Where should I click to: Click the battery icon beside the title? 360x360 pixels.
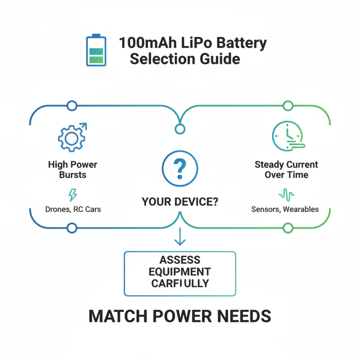click(96, 50)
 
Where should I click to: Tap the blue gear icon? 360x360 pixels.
click(72, 136)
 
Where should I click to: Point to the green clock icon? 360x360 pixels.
click(287, 135)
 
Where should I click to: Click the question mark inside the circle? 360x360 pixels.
click(180, 168)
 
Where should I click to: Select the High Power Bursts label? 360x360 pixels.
click(72, 170)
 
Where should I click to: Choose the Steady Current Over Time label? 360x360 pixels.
click(286, 170)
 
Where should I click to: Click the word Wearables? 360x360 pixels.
click(301, 209)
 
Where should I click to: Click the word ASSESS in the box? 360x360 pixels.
click(180, 261)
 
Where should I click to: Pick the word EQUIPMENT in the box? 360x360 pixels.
click(180, 272)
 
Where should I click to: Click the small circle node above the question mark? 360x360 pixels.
click(180, 130)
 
